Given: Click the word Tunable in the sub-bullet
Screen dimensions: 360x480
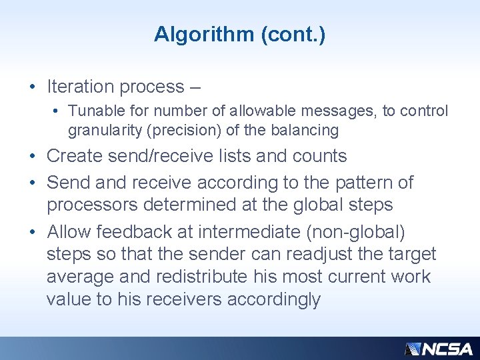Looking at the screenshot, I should pos(92,111).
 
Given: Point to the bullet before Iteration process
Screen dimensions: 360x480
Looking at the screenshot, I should pos(31,87).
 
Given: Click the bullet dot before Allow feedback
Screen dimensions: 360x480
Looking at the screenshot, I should pos(31,232).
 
